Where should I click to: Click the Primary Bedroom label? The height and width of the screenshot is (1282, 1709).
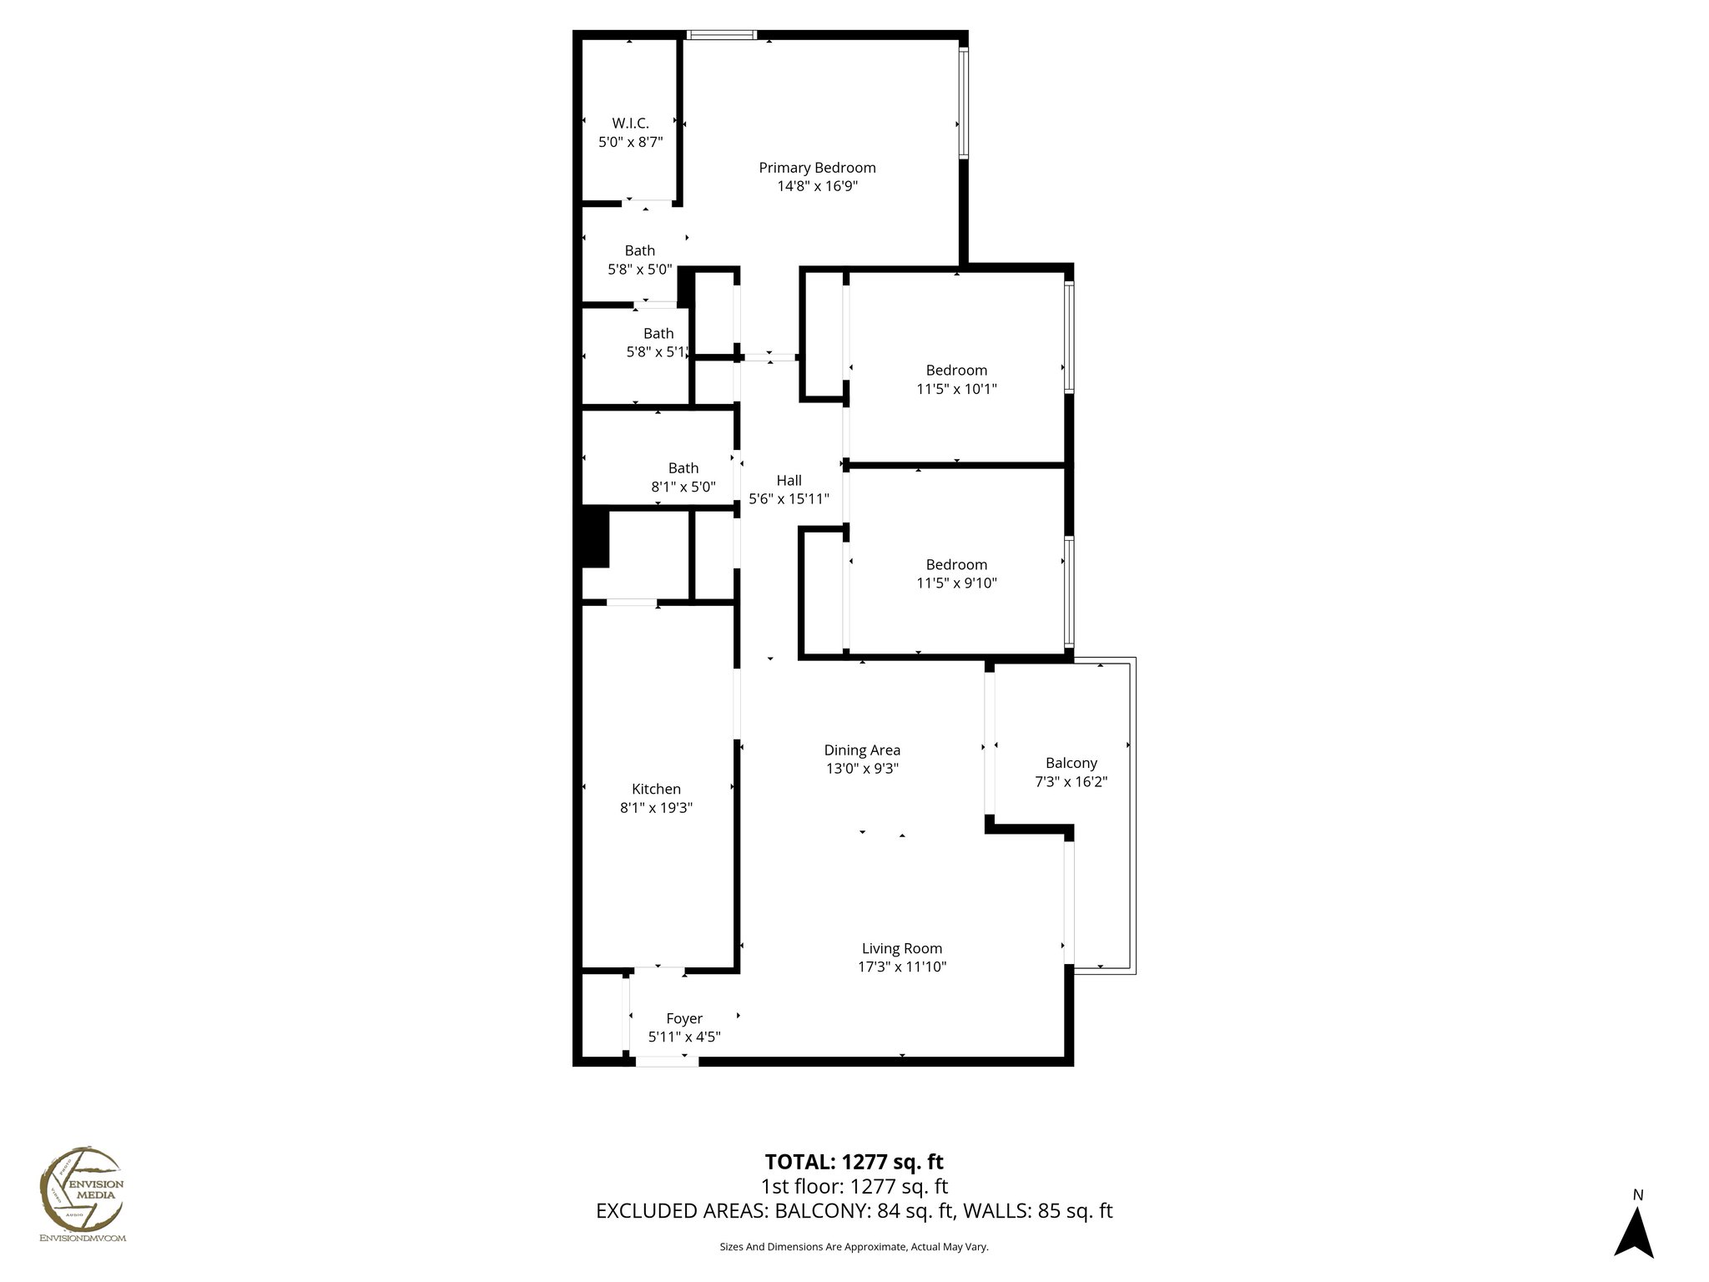[817, 168]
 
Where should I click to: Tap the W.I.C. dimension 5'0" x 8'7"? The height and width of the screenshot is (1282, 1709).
[630, 143]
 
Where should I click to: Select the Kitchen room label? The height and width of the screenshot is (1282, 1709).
[656, 789]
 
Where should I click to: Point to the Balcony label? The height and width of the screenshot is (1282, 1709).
[1071, 763]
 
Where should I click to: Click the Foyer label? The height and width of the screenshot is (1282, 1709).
[683, 1018]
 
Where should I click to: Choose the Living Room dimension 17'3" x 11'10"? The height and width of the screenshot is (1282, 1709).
[902, 967]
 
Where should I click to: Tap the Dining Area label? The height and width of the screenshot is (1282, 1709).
[862, 750]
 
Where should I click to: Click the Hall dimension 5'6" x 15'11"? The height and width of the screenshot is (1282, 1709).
[789, 499]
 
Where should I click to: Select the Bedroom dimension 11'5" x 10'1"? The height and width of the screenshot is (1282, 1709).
[956, 389]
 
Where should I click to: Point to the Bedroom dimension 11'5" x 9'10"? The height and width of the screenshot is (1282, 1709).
[956, 583]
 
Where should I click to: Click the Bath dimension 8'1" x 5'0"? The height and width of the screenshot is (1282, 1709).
[683, 487]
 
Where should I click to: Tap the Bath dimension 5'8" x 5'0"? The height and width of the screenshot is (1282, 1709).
[639, 270]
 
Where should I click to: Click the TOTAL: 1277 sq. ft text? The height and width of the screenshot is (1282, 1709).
[854, 1162]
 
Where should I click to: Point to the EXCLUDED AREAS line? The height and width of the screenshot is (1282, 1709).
[854, 1211]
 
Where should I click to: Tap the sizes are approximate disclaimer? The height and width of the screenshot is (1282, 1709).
[854, 1247]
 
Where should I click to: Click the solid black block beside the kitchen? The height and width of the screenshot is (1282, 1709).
[595, 538]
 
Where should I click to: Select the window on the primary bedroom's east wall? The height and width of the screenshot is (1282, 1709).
[963, 103]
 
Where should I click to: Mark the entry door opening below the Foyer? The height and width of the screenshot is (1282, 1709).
[666, 1062]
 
